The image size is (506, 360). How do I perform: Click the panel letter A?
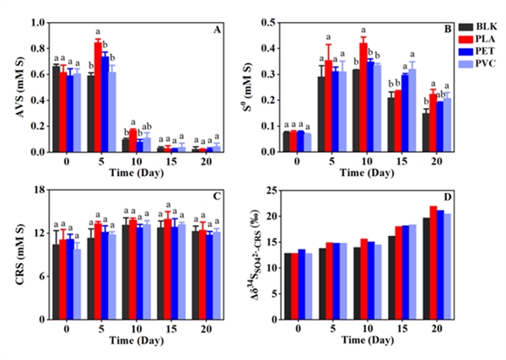click(x=217, y=30)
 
